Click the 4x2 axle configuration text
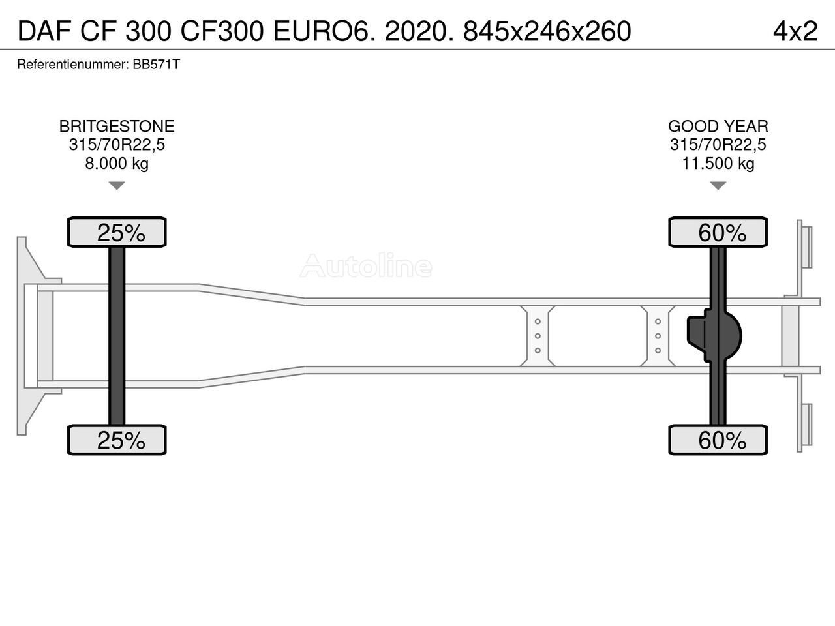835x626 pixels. point(795,31)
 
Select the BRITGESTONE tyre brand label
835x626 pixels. point(117,127)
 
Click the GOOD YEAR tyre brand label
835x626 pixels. point(718,127)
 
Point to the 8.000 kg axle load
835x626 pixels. point(117,163)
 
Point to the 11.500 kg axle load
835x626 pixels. point(718,163)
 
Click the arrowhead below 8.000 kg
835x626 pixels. point(116,186)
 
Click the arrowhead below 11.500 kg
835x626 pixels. point(718,186)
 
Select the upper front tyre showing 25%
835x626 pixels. point(117,232)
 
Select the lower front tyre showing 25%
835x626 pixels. point(117,440)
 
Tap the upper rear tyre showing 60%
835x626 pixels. point(718,232)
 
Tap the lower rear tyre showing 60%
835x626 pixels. point(718,440)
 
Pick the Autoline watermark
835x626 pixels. point(366,266)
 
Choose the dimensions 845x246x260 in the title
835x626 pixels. point(547,31)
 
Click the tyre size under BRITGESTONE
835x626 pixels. point(117,145)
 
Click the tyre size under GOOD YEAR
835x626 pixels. point(718,145)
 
